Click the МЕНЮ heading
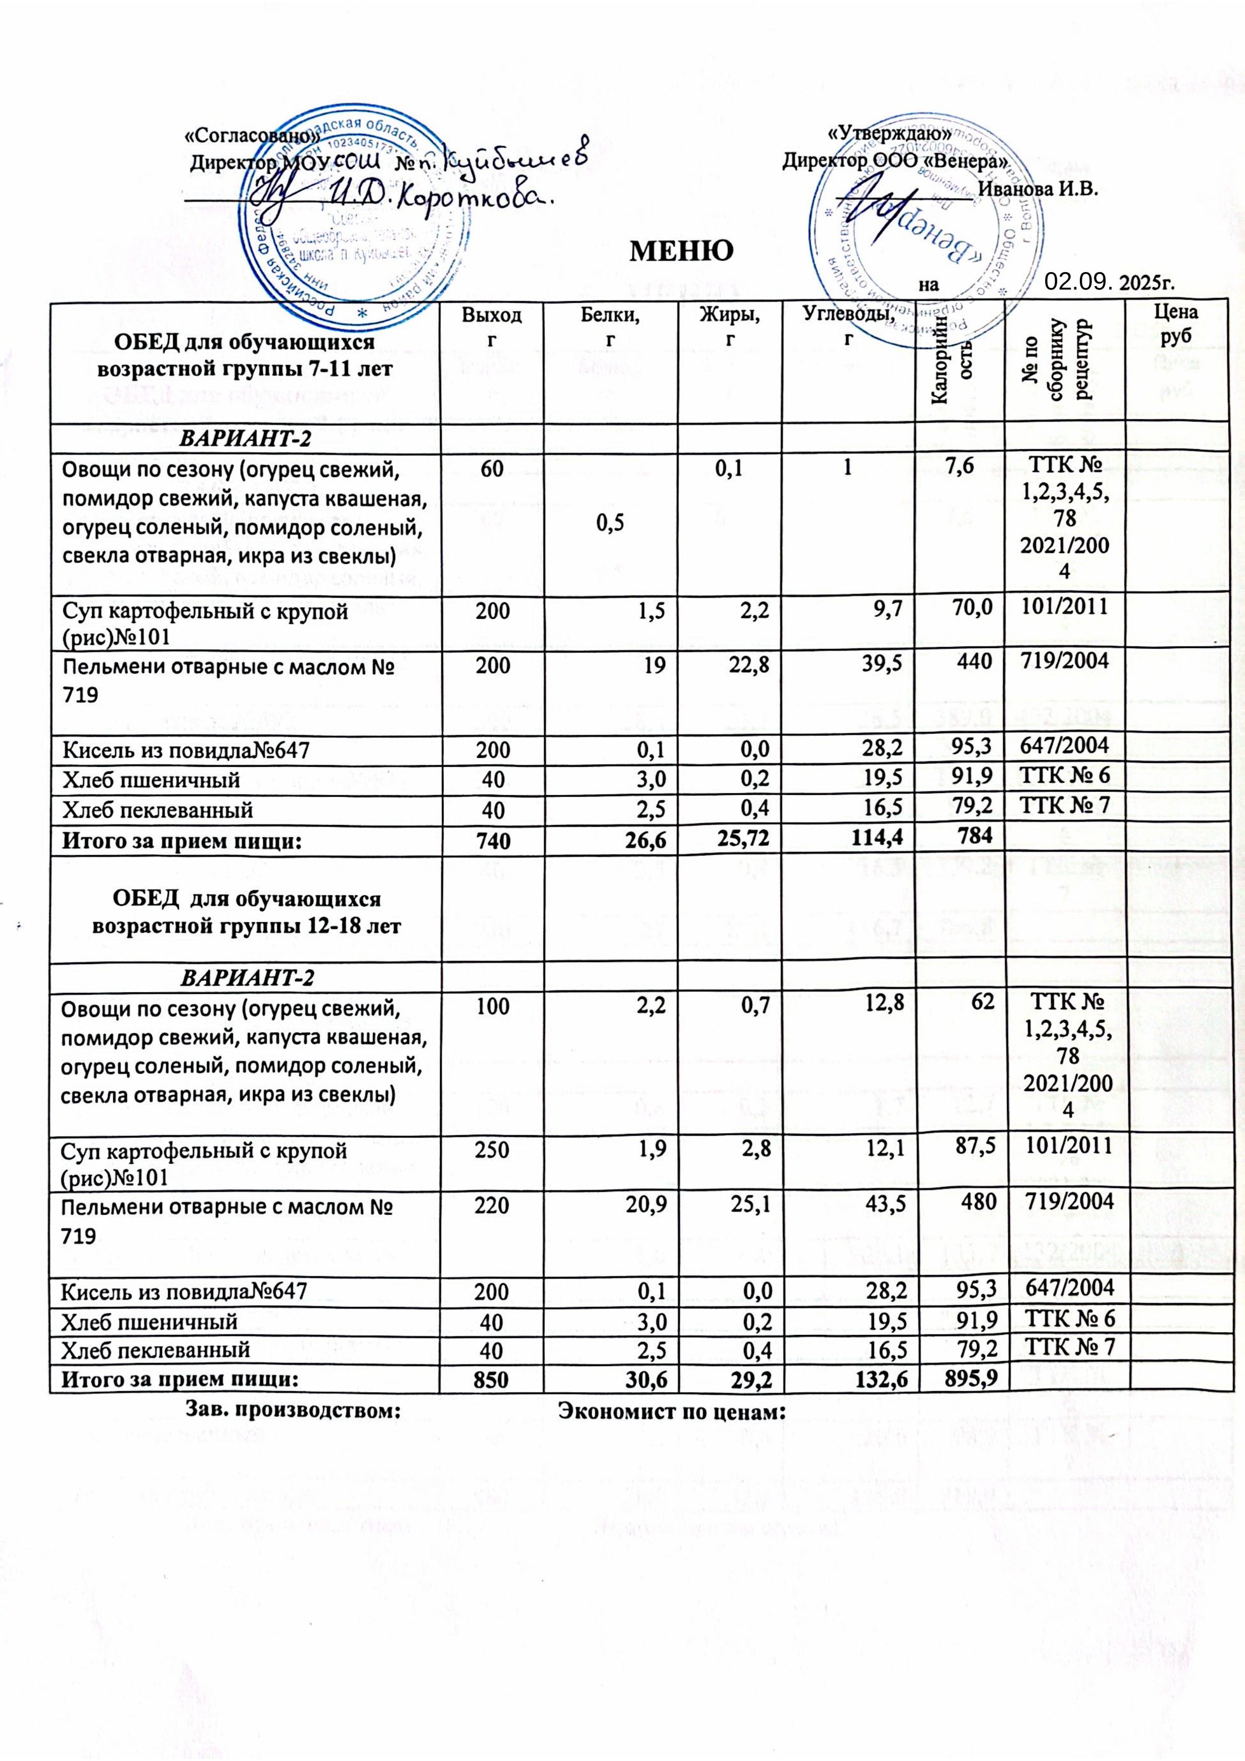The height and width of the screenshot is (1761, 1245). pyautogui.click(x=679, y=251)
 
